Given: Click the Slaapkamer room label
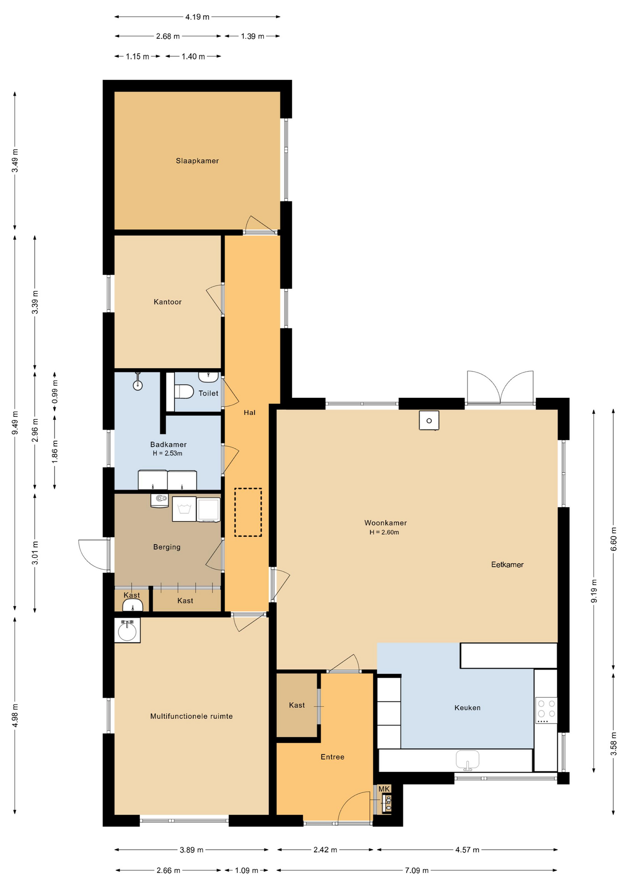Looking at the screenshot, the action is [197, 161].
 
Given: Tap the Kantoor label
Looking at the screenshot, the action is [167, 302].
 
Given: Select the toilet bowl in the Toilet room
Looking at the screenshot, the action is [184, 391].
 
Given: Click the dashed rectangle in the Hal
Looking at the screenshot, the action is [248, 512].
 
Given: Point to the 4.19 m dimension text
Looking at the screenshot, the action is [197, 17].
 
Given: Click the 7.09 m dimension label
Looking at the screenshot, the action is [417, 870].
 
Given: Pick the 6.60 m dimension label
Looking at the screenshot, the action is [614, 539].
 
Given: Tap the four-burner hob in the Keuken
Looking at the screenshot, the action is [546, 711].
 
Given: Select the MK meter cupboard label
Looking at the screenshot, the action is [384, 789].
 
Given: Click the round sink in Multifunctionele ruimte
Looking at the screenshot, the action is [127, 631].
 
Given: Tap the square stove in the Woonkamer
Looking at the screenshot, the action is [429, 420].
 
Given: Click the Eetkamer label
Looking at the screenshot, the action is [507, 565].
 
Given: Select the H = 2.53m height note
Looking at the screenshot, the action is [167, 454].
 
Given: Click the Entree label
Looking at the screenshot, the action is [332, 757].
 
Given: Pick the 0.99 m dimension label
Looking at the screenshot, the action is [55, 392].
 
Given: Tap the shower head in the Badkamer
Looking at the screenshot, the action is [138, 382].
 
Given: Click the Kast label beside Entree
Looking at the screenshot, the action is [297, 705].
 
